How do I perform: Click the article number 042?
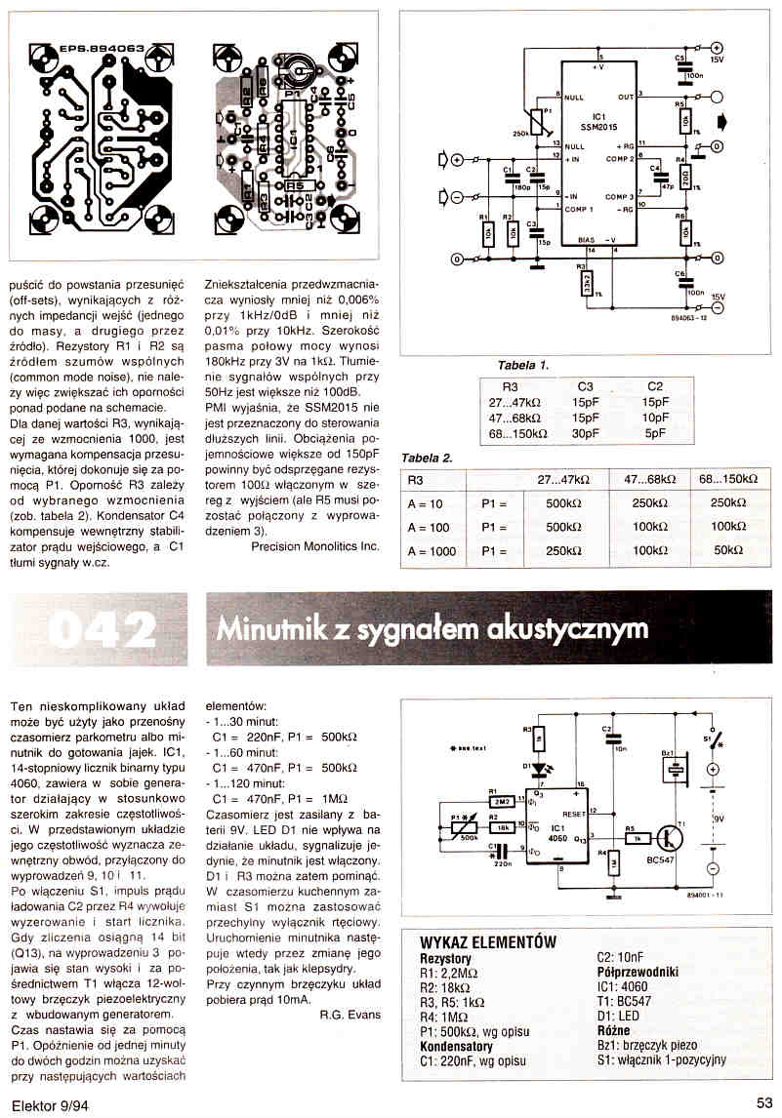pyautogui.click(x=103, y=628)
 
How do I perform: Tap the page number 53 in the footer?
pyautogui.click(x=764, y=1102)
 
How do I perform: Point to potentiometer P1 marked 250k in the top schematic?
pyautogui.click(x=534, y=121)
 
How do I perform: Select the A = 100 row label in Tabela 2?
pyautogui.click(x=426, y=526)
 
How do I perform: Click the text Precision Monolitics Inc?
pyautogui.click(x=314, y=546)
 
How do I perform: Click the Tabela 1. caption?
pyautogui.click(x=523, y=366)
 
